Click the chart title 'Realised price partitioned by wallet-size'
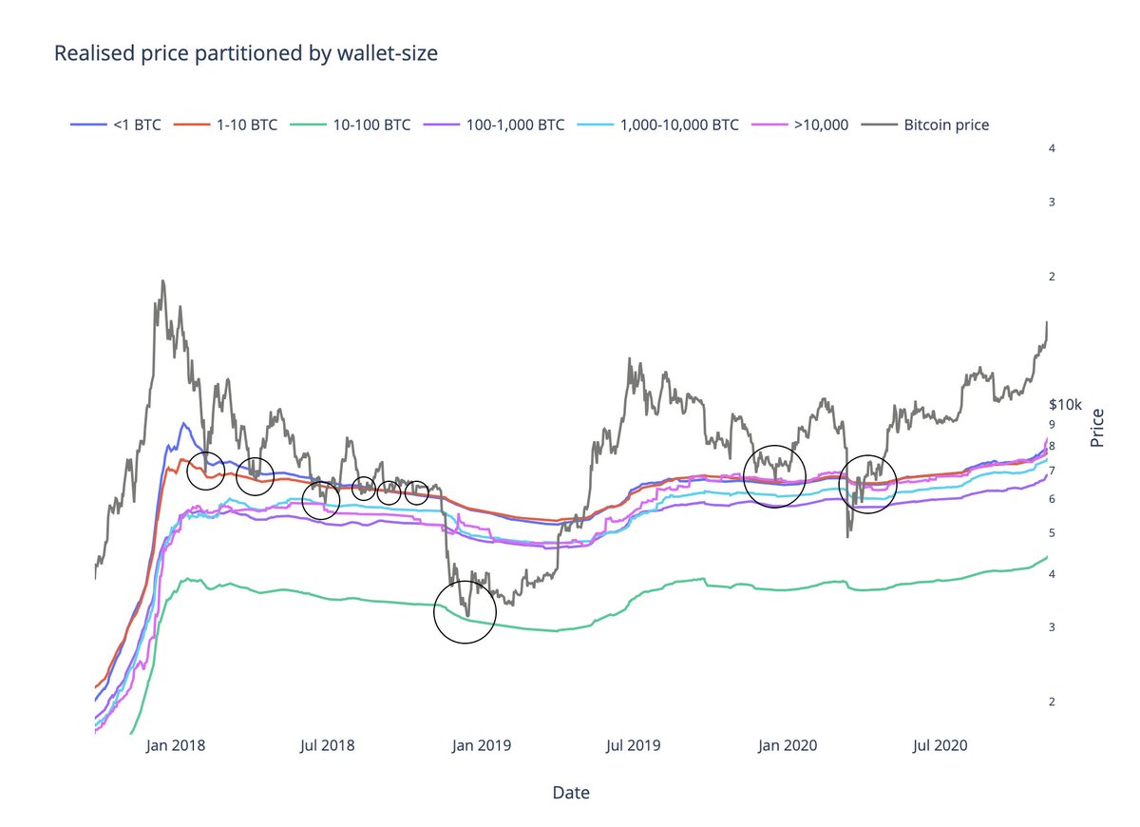[245, 53]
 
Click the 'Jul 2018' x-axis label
[327, 745]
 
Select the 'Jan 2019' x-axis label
[480, 745]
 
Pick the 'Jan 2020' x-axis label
[786, 745]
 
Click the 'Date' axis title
[570, 792]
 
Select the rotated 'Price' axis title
[1098, 428]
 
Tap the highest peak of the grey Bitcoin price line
[162, 281]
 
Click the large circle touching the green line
[465, 612]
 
